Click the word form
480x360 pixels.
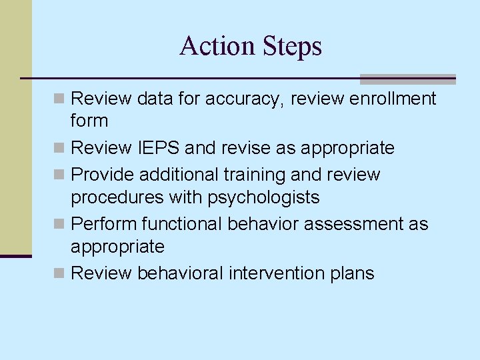click(89, 121)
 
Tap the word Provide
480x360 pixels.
click(102, 175)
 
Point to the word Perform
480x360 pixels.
click(102, 224)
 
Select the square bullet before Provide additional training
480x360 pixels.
click(60, 175)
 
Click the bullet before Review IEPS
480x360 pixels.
click(60, 148)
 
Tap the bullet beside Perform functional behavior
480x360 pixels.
click(60, 225)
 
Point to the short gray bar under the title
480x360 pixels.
click(407, 79)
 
